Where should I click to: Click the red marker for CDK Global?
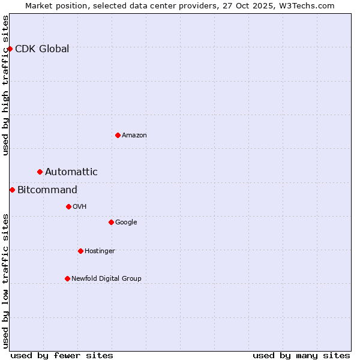click(x=10, y=49)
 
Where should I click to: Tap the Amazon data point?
click(x=118, y=135)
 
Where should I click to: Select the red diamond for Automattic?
click(x=40, y=172)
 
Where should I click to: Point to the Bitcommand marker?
click(x=12, y=190)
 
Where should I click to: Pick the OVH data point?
click(x=68, y=206)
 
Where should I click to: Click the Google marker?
click(x=111, y=222)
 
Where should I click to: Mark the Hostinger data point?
click(x=80, y=251)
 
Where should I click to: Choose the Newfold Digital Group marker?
click(x=67, y=278)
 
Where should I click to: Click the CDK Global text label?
click(x=42, y=49)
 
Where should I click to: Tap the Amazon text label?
click(x=134, y=136)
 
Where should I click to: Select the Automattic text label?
click(x=71, y=172)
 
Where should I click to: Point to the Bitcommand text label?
click(x=47, y=190)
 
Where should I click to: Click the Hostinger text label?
click(x=100, y=251)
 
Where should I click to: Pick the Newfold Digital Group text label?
click(x=106, y=279)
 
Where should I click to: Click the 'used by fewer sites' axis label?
click(x=62, y=355)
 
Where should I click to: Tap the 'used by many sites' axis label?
click(x=301, y=355)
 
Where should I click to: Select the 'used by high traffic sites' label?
click(x=6, y=85)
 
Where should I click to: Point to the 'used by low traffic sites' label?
click(x=6, y=281)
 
